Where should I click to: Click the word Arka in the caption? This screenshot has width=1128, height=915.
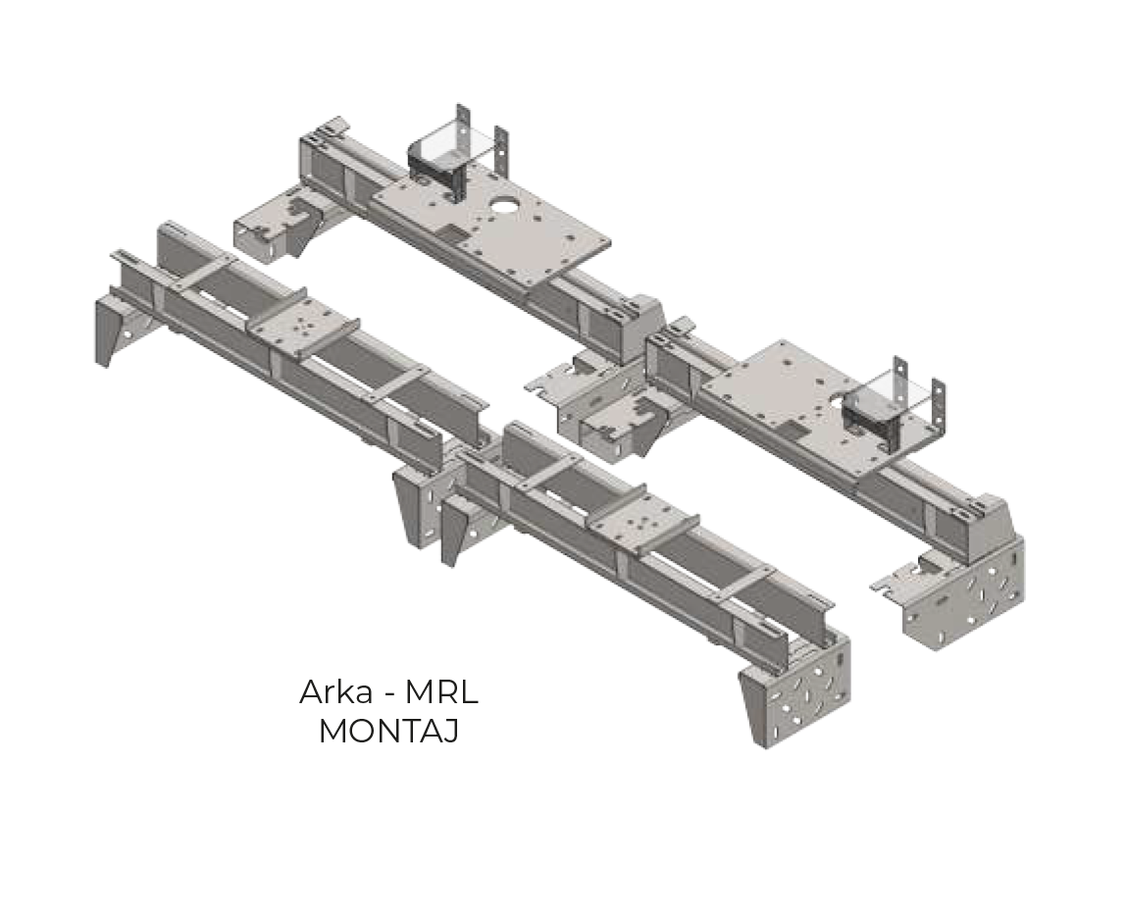334,692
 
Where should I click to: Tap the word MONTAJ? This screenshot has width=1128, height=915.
388,732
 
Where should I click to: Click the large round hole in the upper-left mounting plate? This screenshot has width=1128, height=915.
506,206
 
